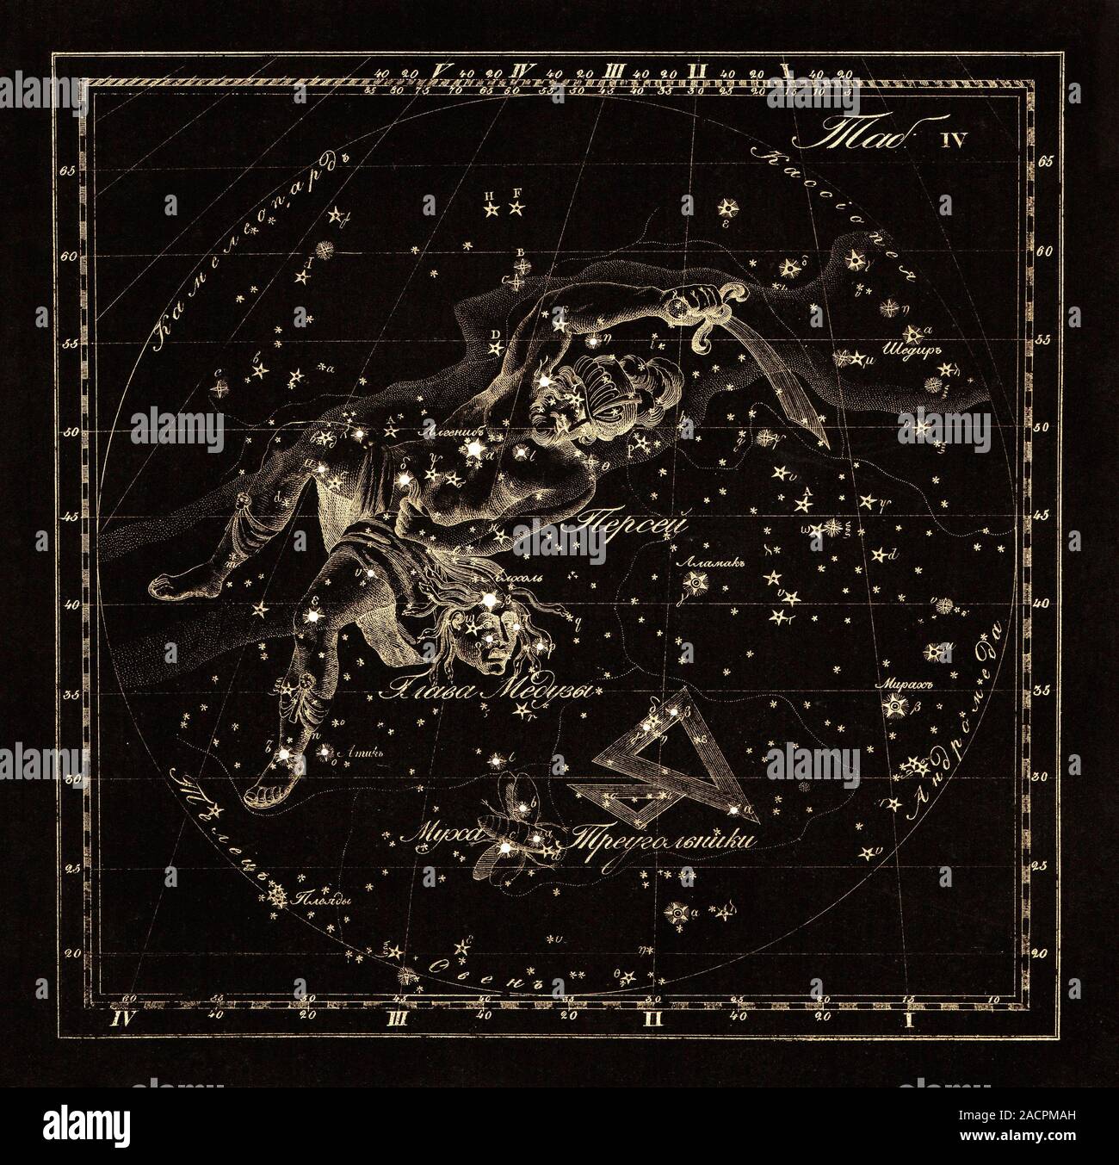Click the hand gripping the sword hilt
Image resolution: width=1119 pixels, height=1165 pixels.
[x=689, y=303]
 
